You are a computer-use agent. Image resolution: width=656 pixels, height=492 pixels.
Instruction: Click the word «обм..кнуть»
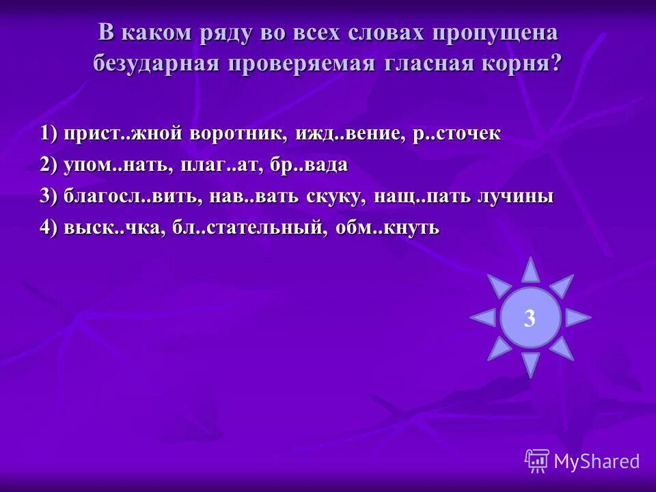[x=388, y=228]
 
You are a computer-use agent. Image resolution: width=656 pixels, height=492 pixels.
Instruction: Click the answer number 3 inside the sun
[x=530, y=318]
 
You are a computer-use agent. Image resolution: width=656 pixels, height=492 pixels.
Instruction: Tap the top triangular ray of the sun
[x=530, y=271]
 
